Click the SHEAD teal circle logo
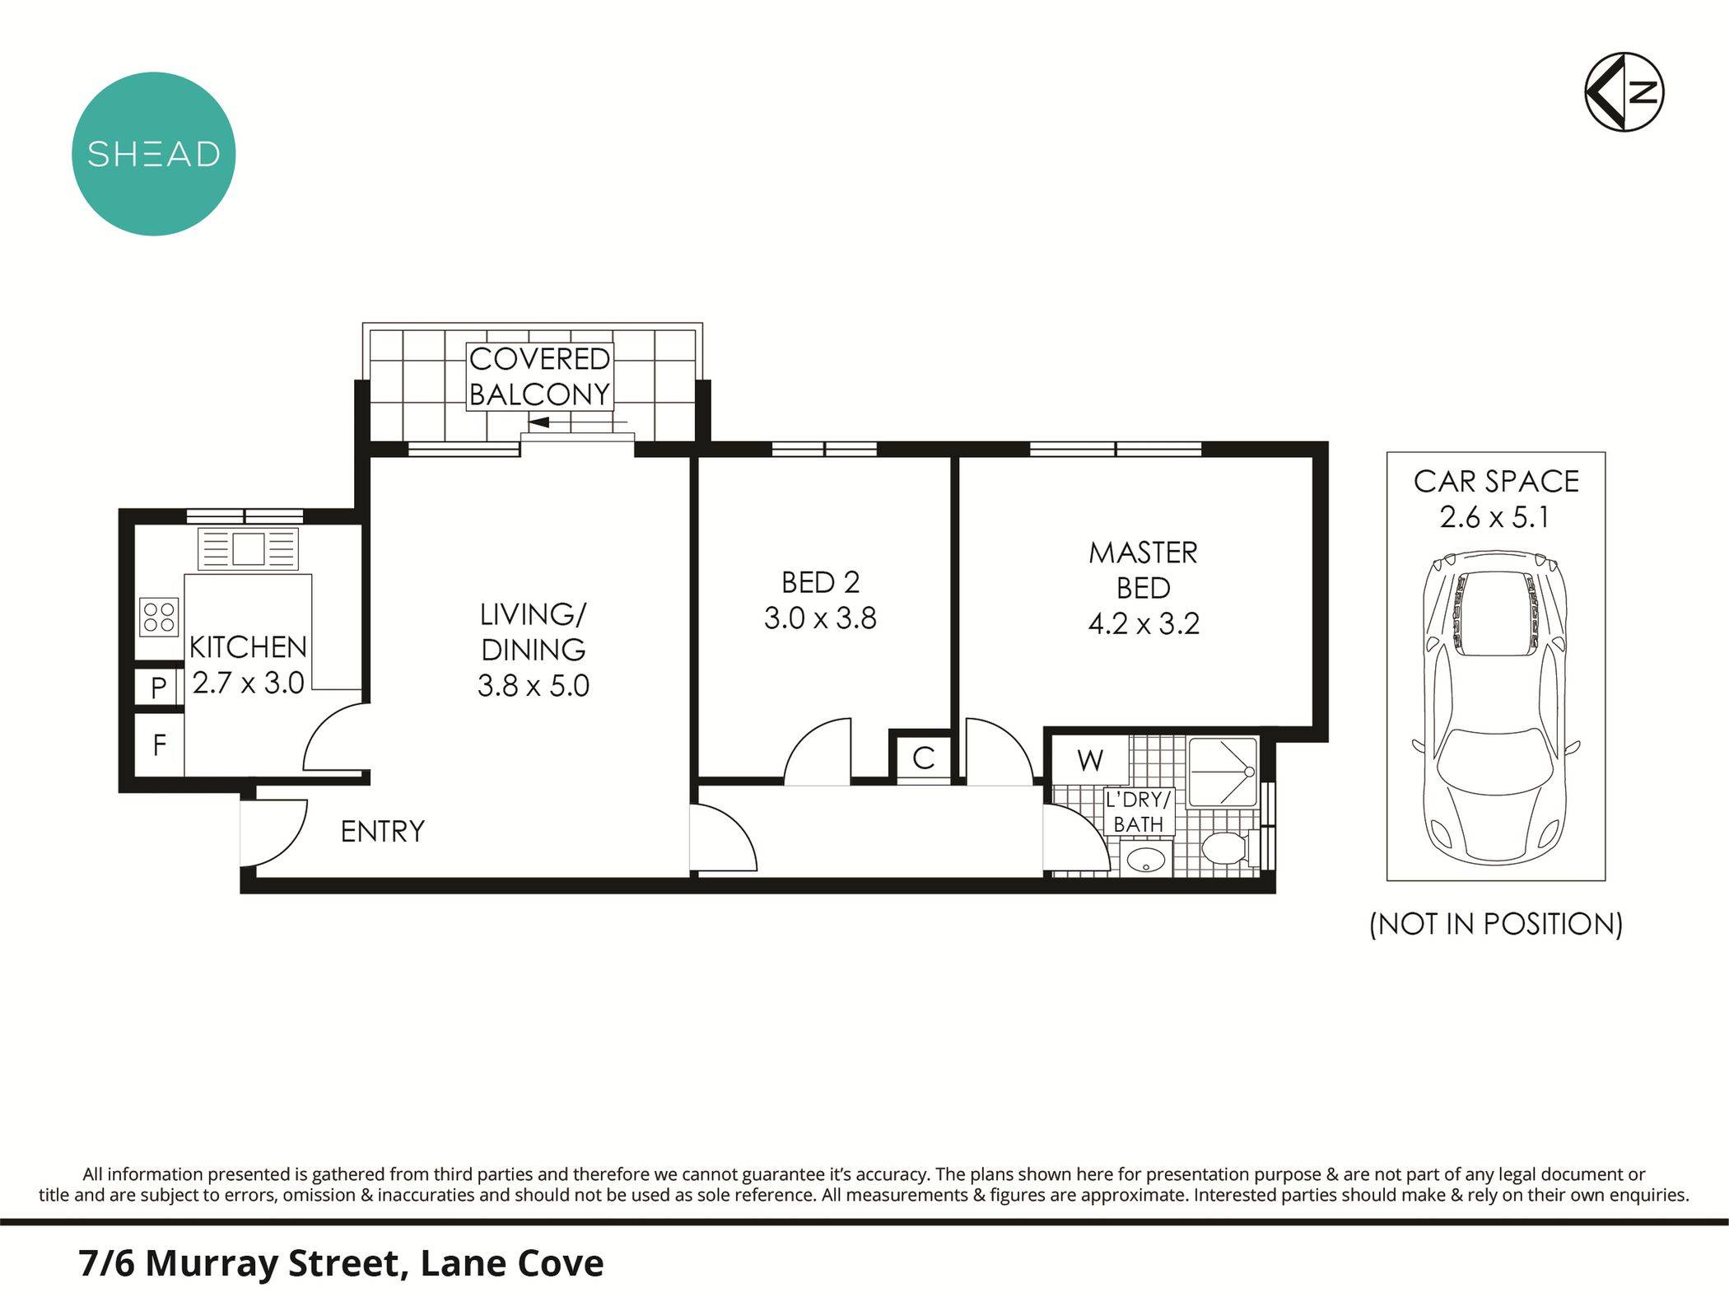(153, 154)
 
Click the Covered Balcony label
(539, 376)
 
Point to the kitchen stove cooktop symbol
(160, 616)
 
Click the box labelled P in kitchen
(159, 687)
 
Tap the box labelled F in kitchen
(159, 745)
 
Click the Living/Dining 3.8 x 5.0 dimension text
(534, 685)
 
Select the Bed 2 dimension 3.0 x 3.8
(820, 618)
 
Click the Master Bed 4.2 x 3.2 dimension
(1143, 623)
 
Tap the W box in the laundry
(1089, 760)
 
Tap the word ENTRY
(383, 832)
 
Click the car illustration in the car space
(1495, 708)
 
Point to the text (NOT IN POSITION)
(1495, 924)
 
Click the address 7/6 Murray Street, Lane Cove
(342, 1262)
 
